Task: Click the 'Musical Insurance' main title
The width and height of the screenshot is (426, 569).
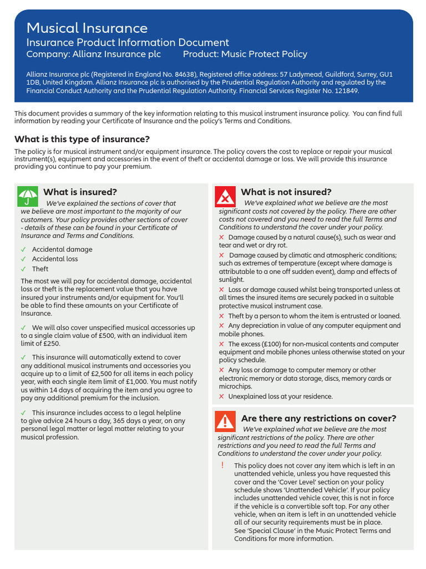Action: pos(87,28)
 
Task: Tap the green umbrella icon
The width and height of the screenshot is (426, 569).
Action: pos(28,196)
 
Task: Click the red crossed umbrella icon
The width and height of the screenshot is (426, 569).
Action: pos(225,196)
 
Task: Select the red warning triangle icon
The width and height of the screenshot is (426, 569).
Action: pos(225,422)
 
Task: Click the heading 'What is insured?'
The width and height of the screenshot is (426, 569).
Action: pos(80,192)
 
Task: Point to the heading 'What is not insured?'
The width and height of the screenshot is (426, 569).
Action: pos(286,192)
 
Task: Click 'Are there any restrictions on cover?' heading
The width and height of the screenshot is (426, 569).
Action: pos(318,418)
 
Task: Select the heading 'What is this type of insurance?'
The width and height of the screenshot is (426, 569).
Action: pos(82,139)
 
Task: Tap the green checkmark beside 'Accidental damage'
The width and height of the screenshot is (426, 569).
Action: pos(23,249)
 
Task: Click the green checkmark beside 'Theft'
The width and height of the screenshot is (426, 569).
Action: pos(23,269)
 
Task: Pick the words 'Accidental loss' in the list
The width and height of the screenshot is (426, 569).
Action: pos(55,259)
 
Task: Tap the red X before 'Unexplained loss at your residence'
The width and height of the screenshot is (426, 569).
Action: pos(222,397)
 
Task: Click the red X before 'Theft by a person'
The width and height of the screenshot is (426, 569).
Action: pos(222,316)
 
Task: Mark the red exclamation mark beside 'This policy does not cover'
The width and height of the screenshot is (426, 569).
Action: pos(222,466)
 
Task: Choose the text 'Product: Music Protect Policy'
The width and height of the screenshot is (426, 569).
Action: pos(245,54)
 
